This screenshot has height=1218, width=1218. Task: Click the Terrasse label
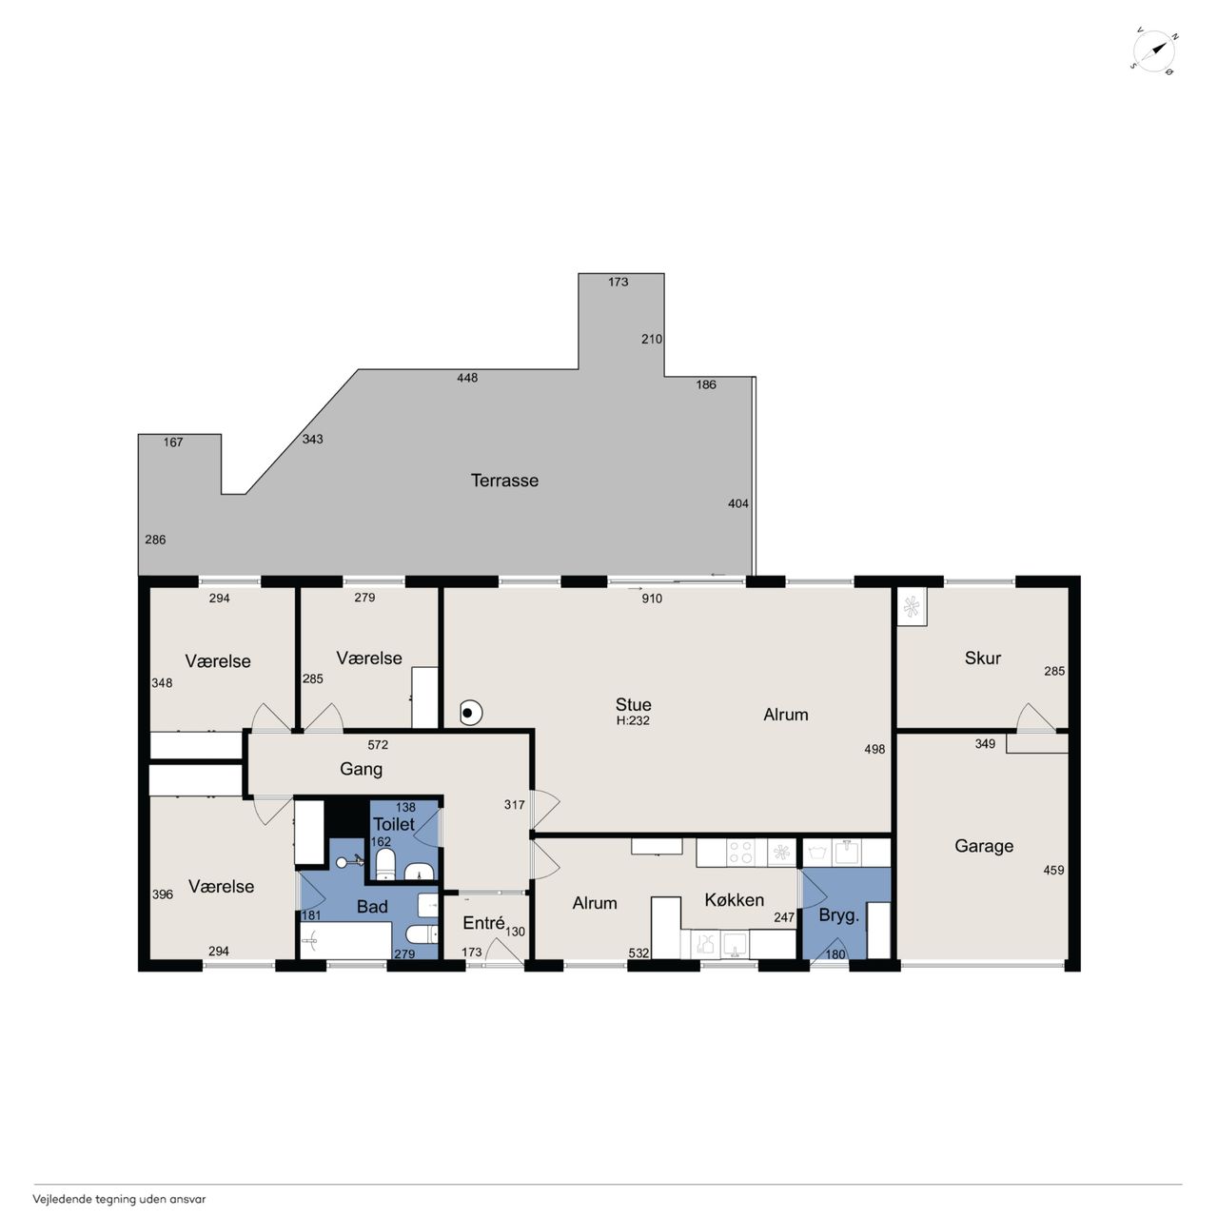504,481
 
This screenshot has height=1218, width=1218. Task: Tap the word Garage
984,846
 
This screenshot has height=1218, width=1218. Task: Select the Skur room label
983,658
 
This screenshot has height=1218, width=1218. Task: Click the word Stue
634,705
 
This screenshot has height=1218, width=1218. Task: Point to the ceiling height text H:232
633,720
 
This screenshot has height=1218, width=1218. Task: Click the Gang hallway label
361,769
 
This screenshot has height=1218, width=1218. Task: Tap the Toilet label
394,824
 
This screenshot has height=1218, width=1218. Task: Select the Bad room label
372,907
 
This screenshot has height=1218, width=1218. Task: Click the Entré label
483,923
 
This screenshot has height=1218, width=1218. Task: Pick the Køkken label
734,899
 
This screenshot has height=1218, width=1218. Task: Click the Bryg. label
838,915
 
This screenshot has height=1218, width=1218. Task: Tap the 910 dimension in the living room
652,599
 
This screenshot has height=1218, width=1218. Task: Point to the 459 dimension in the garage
1053,871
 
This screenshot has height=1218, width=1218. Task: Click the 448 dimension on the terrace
467,378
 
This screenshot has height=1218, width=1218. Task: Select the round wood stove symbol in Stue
469,714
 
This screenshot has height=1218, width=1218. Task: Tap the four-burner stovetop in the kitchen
739,852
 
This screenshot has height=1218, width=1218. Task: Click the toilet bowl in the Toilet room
385,864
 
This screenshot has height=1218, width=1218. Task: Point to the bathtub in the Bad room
345,940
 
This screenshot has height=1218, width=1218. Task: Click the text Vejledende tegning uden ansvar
120,1198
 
